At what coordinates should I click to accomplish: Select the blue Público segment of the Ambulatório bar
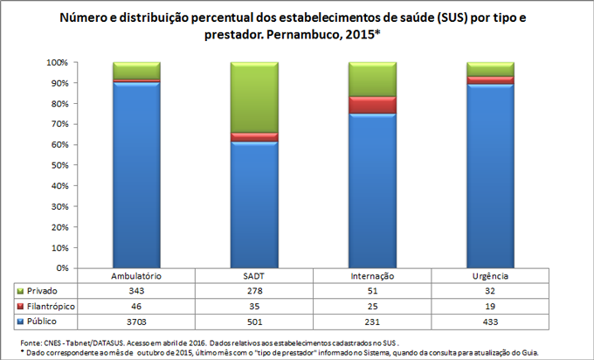(136, 175)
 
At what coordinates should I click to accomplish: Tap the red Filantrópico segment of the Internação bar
(372, 105)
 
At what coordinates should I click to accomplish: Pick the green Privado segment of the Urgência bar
(490, 69)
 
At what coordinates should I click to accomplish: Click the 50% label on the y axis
(58, 165)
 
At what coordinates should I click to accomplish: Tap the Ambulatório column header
(136, 276)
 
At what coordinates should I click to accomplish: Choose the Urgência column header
(490, 276)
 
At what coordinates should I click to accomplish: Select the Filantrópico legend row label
(52, 307)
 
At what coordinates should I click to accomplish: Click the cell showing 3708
(136, 322)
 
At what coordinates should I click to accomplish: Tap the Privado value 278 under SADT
(253, 290)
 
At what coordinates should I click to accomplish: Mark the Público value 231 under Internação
(372, 322)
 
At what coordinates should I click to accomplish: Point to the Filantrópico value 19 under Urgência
(490, 307)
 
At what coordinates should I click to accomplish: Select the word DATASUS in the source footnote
(109, 343)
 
